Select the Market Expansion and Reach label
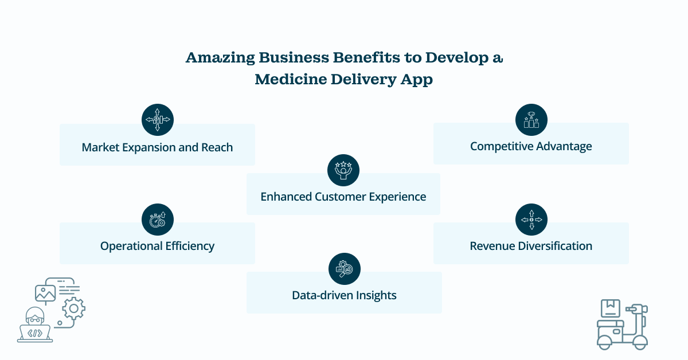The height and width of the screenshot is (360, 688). [157, 147]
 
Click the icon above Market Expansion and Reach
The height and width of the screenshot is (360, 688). [157, 120]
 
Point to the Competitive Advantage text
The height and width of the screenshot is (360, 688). [531, 146]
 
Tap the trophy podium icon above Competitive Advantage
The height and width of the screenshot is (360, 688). [531, 120]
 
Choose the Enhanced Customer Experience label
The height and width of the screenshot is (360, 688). [343, 197]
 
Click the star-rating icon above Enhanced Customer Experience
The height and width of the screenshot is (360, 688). [343, 170]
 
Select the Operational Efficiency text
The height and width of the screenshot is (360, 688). [157, 246]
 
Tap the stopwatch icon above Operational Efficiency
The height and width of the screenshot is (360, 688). [157, 220]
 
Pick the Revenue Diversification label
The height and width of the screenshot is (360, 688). [531, 246]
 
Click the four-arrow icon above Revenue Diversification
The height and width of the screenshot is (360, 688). [531, 220]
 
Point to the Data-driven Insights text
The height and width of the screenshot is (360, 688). [344, 295]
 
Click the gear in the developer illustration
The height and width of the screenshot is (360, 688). [73, 309]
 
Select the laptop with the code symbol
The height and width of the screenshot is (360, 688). [35, 333]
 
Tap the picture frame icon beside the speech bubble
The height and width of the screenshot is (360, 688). [45, 293]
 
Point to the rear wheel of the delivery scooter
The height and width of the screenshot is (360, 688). [605, 343]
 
